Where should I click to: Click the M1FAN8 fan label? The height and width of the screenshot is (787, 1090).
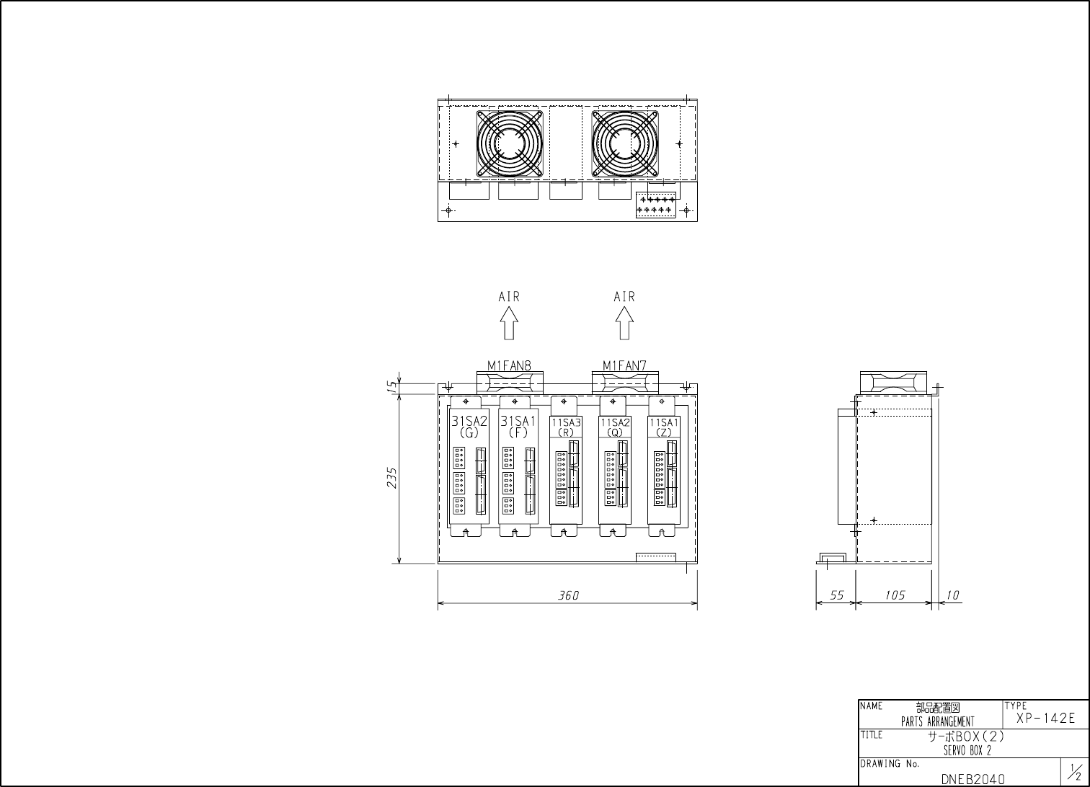pos(509,365)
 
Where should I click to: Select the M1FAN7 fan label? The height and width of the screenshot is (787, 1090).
pos(624,365)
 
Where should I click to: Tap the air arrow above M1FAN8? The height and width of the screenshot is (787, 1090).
pos(509,323)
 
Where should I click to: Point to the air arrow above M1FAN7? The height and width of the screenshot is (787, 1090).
pos(624,323)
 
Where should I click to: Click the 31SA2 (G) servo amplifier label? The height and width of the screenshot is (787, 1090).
pos(469,426)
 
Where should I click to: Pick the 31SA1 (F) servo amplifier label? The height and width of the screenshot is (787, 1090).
pos(518,426)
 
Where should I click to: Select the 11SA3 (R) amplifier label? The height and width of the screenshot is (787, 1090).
pos(566,427)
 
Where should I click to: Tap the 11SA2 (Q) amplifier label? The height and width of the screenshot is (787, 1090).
pos(615,427)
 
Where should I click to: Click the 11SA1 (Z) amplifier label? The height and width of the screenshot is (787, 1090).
pos(664,427)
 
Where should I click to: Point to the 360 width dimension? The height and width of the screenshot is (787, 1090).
pos(568,595)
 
